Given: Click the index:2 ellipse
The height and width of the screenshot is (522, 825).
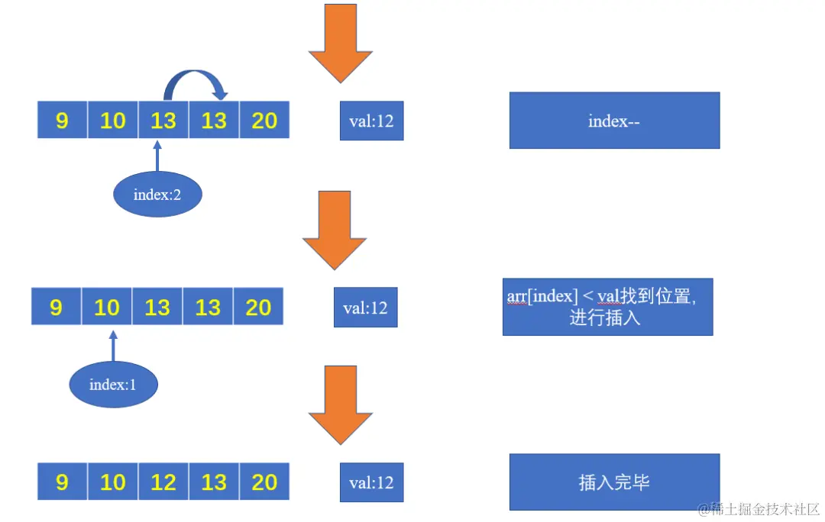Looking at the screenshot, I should [157, 195].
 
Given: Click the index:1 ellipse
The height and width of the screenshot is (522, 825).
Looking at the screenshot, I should [113, 384].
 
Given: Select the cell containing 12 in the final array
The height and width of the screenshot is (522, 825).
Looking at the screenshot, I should [163, 482].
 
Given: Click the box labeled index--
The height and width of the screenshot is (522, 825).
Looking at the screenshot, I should [614, 121].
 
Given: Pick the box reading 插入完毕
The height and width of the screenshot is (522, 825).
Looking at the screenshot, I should [614, 482].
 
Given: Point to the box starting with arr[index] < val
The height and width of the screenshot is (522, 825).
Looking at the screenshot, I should [607, 307].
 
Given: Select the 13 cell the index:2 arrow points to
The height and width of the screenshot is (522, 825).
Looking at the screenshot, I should [163, 121].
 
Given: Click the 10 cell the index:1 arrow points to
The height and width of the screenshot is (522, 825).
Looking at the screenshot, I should [107, 307].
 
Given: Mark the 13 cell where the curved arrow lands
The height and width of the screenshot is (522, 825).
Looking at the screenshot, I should [214, 121].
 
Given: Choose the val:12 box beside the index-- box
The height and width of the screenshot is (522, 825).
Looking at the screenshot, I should [371, 121].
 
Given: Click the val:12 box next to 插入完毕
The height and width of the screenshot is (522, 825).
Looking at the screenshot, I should [371, 482].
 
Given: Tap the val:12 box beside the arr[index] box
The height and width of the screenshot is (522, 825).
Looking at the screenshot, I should [366, 308].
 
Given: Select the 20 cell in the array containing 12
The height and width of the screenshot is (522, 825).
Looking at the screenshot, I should [264, 482].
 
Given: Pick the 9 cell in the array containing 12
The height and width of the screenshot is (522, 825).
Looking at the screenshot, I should [63, 482].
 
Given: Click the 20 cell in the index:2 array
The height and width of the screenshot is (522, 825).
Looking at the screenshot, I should [264, 121].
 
